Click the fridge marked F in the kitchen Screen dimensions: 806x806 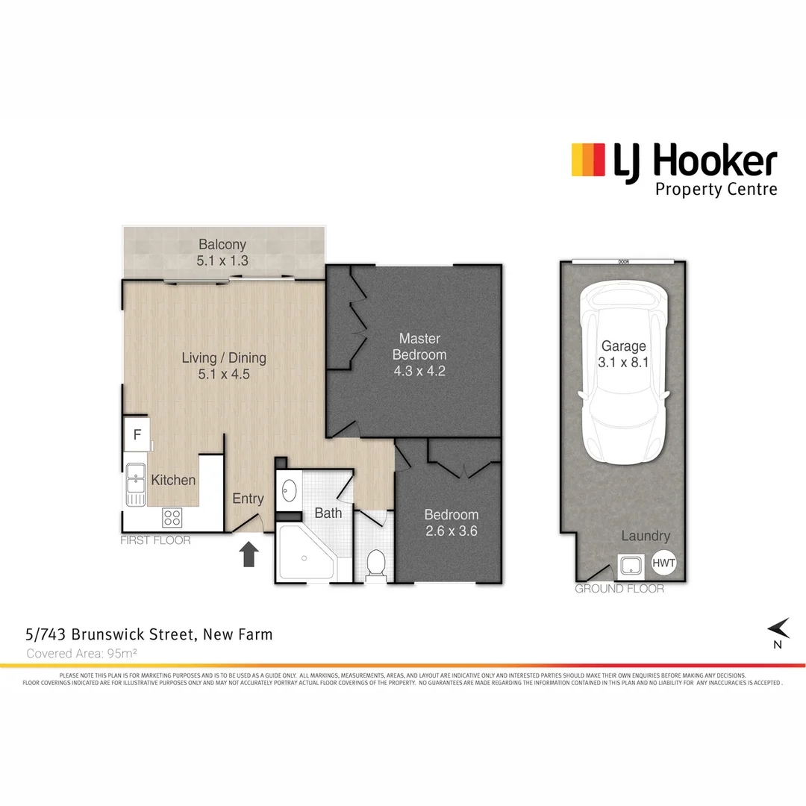(x=137, y=434)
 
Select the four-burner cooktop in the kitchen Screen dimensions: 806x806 (x=172, y=516)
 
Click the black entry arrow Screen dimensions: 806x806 (x=249, y=554)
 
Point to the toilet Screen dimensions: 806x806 (x=375, y=563)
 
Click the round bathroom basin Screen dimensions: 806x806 (x=289, y=490)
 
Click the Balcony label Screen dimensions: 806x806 (x=222, y=245)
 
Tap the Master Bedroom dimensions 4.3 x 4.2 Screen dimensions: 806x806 (x=419, y=371)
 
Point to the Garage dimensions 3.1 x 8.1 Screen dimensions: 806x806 (x=624, y=362)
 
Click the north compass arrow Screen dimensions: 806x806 (x=780, y=628)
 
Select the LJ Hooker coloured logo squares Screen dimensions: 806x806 (x=587, y=160)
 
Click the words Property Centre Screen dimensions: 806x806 (x=716, y=189)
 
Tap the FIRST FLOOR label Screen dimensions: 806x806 (x=155, y=540)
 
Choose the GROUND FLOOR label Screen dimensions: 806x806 (x=619, y=589)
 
